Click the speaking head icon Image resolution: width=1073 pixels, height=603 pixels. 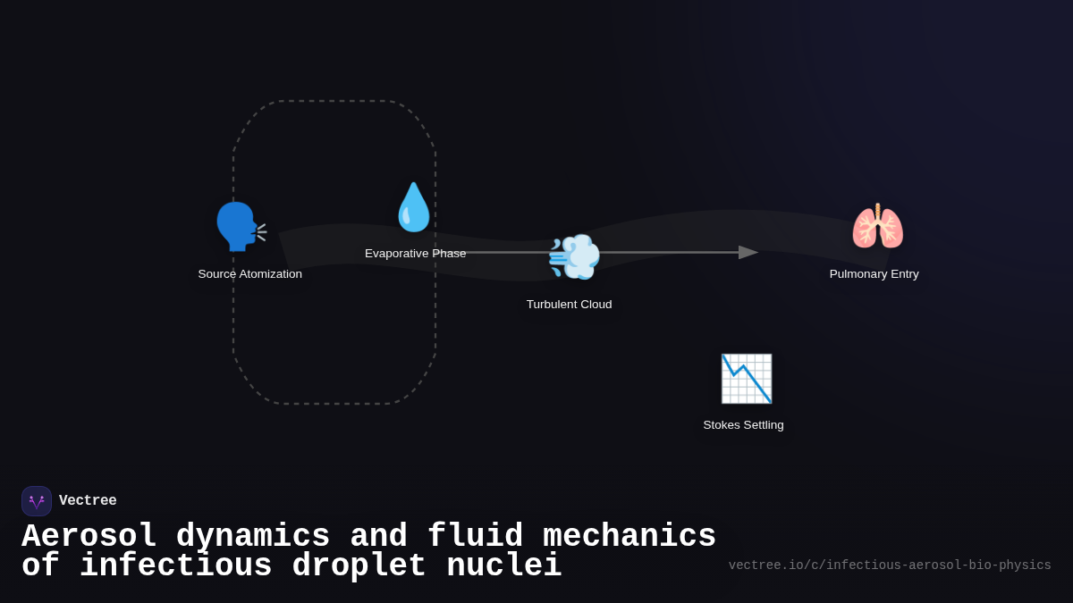[x=240, y=227]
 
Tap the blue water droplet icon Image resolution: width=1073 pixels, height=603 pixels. [x=413, y=207]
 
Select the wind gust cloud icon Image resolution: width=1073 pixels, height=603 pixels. [x=573, y=257]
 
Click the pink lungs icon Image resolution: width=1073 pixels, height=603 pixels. [x=877, y=227]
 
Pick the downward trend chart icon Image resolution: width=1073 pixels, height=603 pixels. [x=746, y=379]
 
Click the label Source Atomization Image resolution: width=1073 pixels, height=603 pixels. [x=250, y=274]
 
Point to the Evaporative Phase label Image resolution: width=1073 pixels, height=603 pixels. [x=415, y=254]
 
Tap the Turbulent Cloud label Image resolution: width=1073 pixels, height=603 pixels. [x=569, y=305]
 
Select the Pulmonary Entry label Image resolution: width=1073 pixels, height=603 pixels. [x=874, y=274]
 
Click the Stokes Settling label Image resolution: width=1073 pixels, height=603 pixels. [x=743, y=425]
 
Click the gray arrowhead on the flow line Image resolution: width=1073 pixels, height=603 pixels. [x=748, y=253]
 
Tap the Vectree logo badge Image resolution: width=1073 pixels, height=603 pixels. [x=37, y=501]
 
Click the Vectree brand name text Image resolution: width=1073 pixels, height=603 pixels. [x=88, y=501]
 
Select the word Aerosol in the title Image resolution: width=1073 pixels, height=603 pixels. [x=89, y=537]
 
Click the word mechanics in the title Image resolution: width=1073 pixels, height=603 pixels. [x=629, y=537]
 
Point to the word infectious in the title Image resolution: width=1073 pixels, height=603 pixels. [x=175, y=566]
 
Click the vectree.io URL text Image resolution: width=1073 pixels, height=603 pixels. [x=889, y=565]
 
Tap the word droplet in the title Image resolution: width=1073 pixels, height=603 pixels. [x=359, y=566]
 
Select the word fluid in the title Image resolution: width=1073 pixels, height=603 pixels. [x=475, y=537]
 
